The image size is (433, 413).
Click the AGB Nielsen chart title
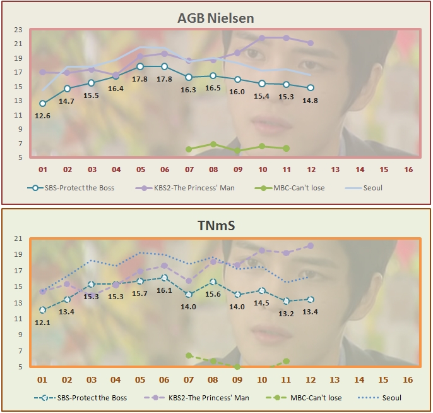pos(216,18)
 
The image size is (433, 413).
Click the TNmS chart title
pos(216,226)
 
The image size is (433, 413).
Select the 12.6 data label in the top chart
pos(42,115)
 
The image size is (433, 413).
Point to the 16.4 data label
pos(116,89)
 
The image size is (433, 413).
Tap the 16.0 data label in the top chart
pos(237,91)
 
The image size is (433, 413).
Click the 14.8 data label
pos(310,100)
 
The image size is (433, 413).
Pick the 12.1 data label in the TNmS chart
pos(42,323)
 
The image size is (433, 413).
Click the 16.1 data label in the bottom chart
pos(164,290)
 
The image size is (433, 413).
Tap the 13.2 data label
pos(286,313)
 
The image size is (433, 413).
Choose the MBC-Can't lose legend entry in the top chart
pos(290,188)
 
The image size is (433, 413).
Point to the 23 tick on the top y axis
pos(18,30)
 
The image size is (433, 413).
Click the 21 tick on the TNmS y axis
pos(18,238)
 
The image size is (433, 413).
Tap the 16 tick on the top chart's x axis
pos(408,170)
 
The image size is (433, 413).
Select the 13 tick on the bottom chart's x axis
pos(335,379)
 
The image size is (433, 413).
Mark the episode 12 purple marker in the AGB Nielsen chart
pos(310,43)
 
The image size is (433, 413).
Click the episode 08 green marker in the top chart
pos(213,144)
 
